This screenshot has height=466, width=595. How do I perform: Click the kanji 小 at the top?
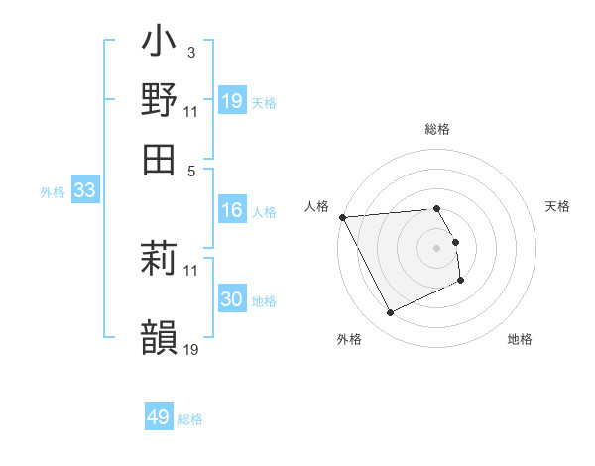pos(159,45)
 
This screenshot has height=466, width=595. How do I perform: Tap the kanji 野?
pos(159,100)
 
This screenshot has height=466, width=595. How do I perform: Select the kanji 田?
pos(159,158)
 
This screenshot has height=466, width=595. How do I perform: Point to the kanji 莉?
pos(159,261)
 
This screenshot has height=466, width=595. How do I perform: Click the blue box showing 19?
pos(232,101)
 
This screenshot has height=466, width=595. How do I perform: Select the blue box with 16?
pos(232,210)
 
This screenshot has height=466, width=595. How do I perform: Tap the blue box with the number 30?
pos(232,299)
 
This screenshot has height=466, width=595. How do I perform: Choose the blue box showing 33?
pos(84,191)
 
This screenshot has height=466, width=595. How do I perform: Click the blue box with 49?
pos(159,417)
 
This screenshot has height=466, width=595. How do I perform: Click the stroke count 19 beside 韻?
pos(191,349)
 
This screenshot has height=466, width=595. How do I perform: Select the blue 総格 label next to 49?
pos(190,419)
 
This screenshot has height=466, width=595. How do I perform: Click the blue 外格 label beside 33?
pos(53,192)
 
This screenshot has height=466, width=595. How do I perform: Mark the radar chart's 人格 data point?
pos(342,217)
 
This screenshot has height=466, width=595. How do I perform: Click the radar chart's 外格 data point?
pos(391,313)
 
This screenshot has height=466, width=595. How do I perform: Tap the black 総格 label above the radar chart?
pos(437,129)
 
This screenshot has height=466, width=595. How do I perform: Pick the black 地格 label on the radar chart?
pos(520,339)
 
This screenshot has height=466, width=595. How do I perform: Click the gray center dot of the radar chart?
pos(437,247)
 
